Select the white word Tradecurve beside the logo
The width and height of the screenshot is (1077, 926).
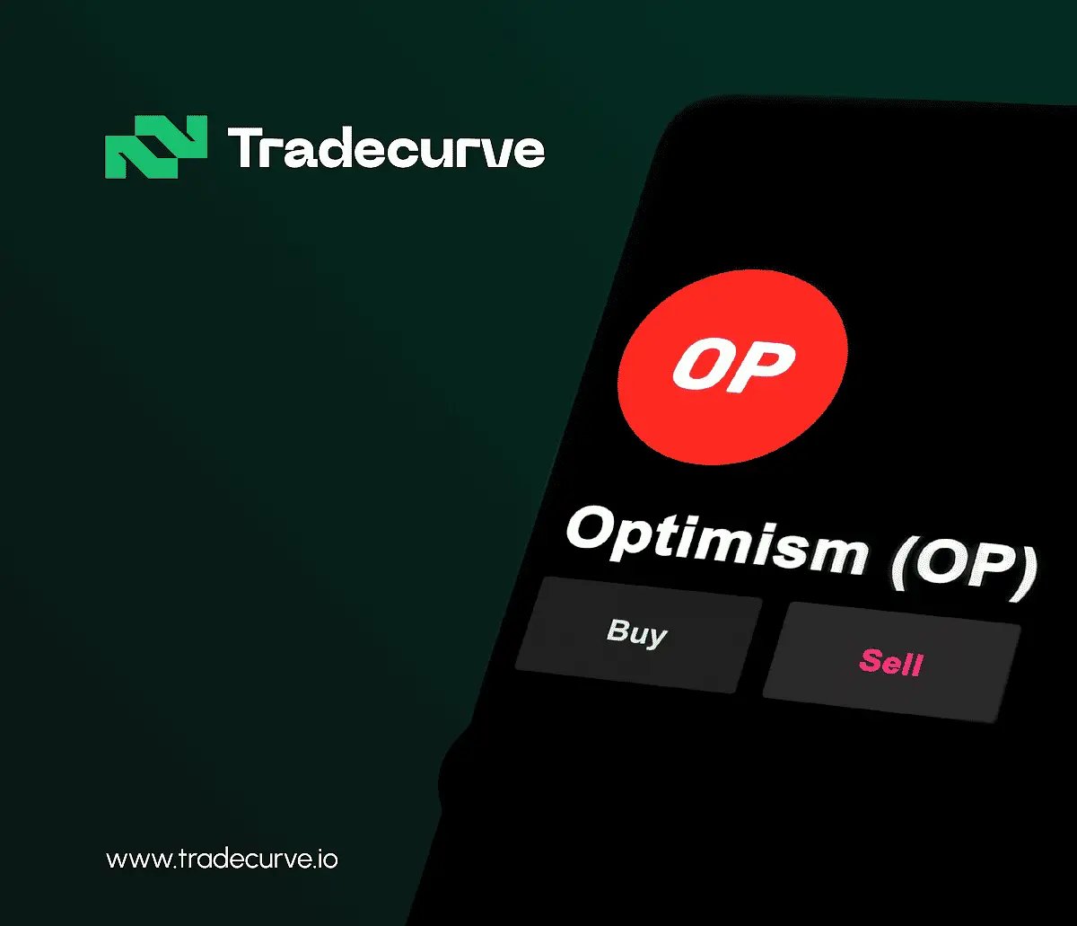point(386,148)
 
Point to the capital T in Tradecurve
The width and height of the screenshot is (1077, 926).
point(245,148)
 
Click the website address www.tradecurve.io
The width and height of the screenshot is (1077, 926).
point(222,860)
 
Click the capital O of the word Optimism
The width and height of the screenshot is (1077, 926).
point(593,528)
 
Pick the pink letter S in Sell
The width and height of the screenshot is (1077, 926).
point(870,660)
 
